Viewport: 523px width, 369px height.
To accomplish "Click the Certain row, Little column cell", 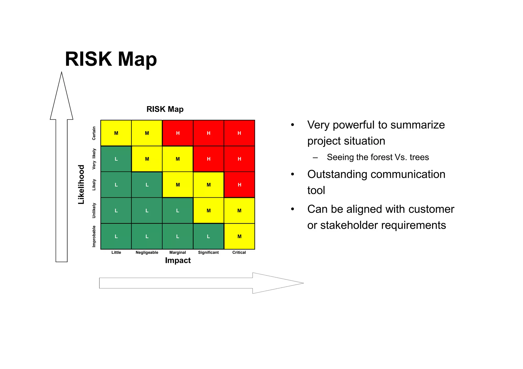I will [116, 133].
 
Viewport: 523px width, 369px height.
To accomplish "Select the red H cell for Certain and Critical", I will [239, 133].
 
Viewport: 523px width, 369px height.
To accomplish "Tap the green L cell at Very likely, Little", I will [116, 159].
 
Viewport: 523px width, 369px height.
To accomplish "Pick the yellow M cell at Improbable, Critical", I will [239, 236].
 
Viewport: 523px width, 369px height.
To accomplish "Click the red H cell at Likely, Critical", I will [239, 185].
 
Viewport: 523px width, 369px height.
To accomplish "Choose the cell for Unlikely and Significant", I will [208, 211].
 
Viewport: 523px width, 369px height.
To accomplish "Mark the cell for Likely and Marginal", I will [178, 185].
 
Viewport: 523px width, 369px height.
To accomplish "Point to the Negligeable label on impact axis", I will [147, 252].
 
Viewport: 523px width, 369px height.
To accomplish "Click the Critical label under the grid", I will [239, 252].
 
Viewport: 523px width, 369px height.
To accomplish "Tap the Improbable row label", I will [94, 236].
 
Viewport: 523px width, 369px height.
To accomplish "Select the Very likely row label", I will [94, 159].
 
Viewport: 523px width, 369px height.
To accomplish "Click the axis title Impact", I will [178, 260].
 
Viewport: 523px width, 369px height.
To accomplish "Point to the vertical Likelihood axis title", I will [81, 185].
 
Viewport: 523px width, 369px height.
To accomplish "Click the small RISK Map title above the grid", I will [165, 109].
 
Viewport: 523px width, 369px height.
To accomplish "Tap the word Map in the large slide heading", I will [137, 59].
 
